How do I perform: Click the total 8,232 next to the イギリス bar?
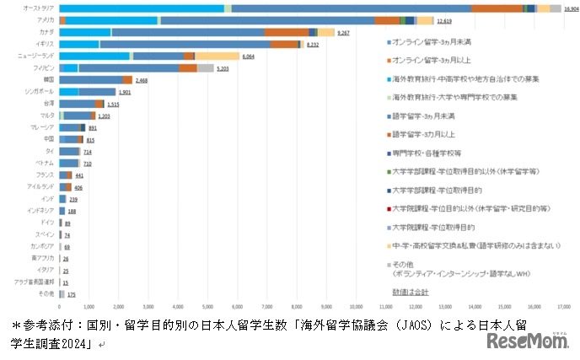tap(313, 44)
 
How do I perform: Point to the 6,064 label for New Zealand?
tap(249, 56)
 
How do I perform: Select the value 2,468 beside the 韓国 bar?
tap(142, 80)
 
